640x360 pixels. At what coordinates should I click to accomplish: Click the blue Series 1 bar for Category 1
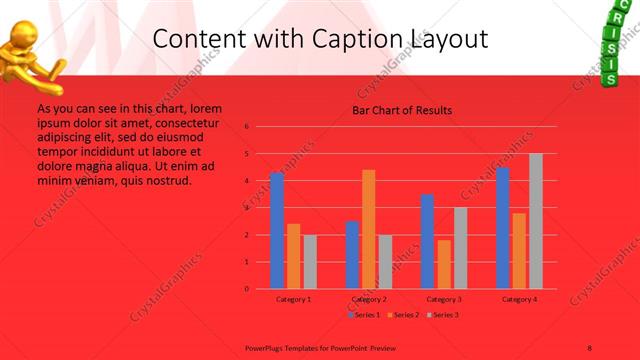(277, 230)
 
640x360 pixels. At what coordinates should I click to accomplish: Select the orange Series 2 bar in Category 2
(369, 229)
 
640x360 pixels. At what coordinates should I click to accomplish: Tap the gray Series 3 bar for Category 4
(536, 221)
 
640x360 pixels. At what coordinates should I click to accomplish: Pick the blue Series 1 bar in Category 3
(427, 241)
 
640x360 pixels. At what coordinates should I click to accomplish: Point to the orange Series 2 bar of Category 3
(444, 264)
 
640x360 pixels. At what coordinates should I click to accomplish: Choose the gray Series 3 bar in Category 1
(310, 262)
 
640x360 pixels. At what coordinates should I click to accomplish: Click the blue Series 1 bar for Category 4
(503, 228)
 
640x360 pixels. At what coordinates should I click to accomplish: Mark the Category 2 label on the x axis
(369, 299)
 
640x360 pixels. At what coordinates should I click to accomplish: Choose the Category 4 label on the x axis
(519, 299)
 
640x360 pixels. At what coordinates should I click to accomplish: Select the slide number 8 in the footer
(590, 346)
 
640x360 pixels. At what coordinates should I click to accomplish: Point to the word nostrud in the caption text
(170, 181)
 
